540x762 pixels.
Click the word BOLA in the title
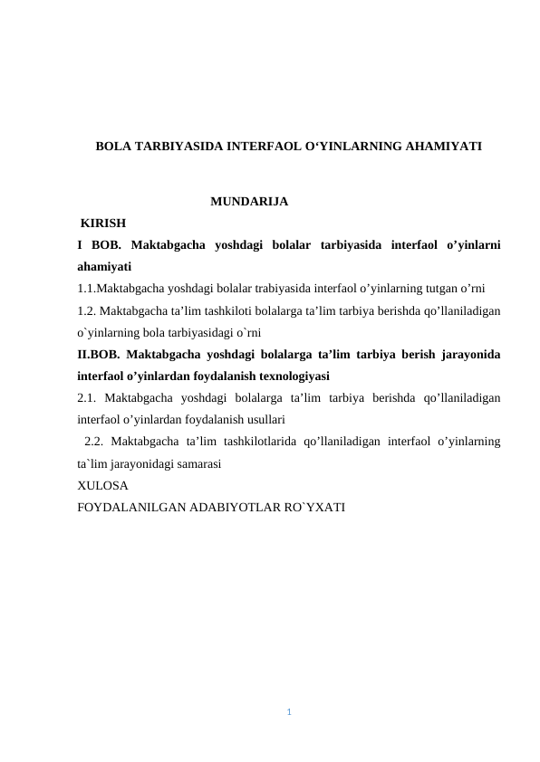click(112, 145)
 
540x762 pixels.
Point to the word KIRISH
click(103, 223)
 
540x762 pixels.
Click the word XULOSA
click(102, 485)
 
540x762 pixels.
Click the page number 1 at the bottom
click(288, 712)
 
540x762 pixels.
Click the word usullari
click(264, 420)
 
